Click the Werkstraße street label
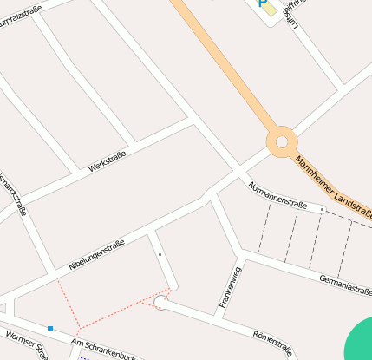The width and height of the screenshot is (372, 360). click(x=108, y=160)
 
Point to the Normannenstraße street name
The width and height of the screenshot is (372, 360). click(x=277, y=196)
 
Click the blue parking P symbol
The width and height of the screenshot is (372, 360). click(x=261, y=3)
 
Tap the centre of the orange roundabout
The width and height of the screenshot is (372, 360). click(x=282, y=141)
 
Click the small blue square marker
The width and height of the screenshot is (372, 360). click(x=50, y=329)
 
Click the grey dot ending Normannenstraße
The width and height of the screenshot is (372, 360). click(x=322, y=209)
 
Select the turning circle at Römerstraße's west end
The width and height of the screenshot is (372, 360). click(x=160, y=302)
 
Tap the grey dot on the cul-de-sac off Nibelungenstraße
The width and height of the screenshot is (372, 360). click(x=160, y=254)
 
